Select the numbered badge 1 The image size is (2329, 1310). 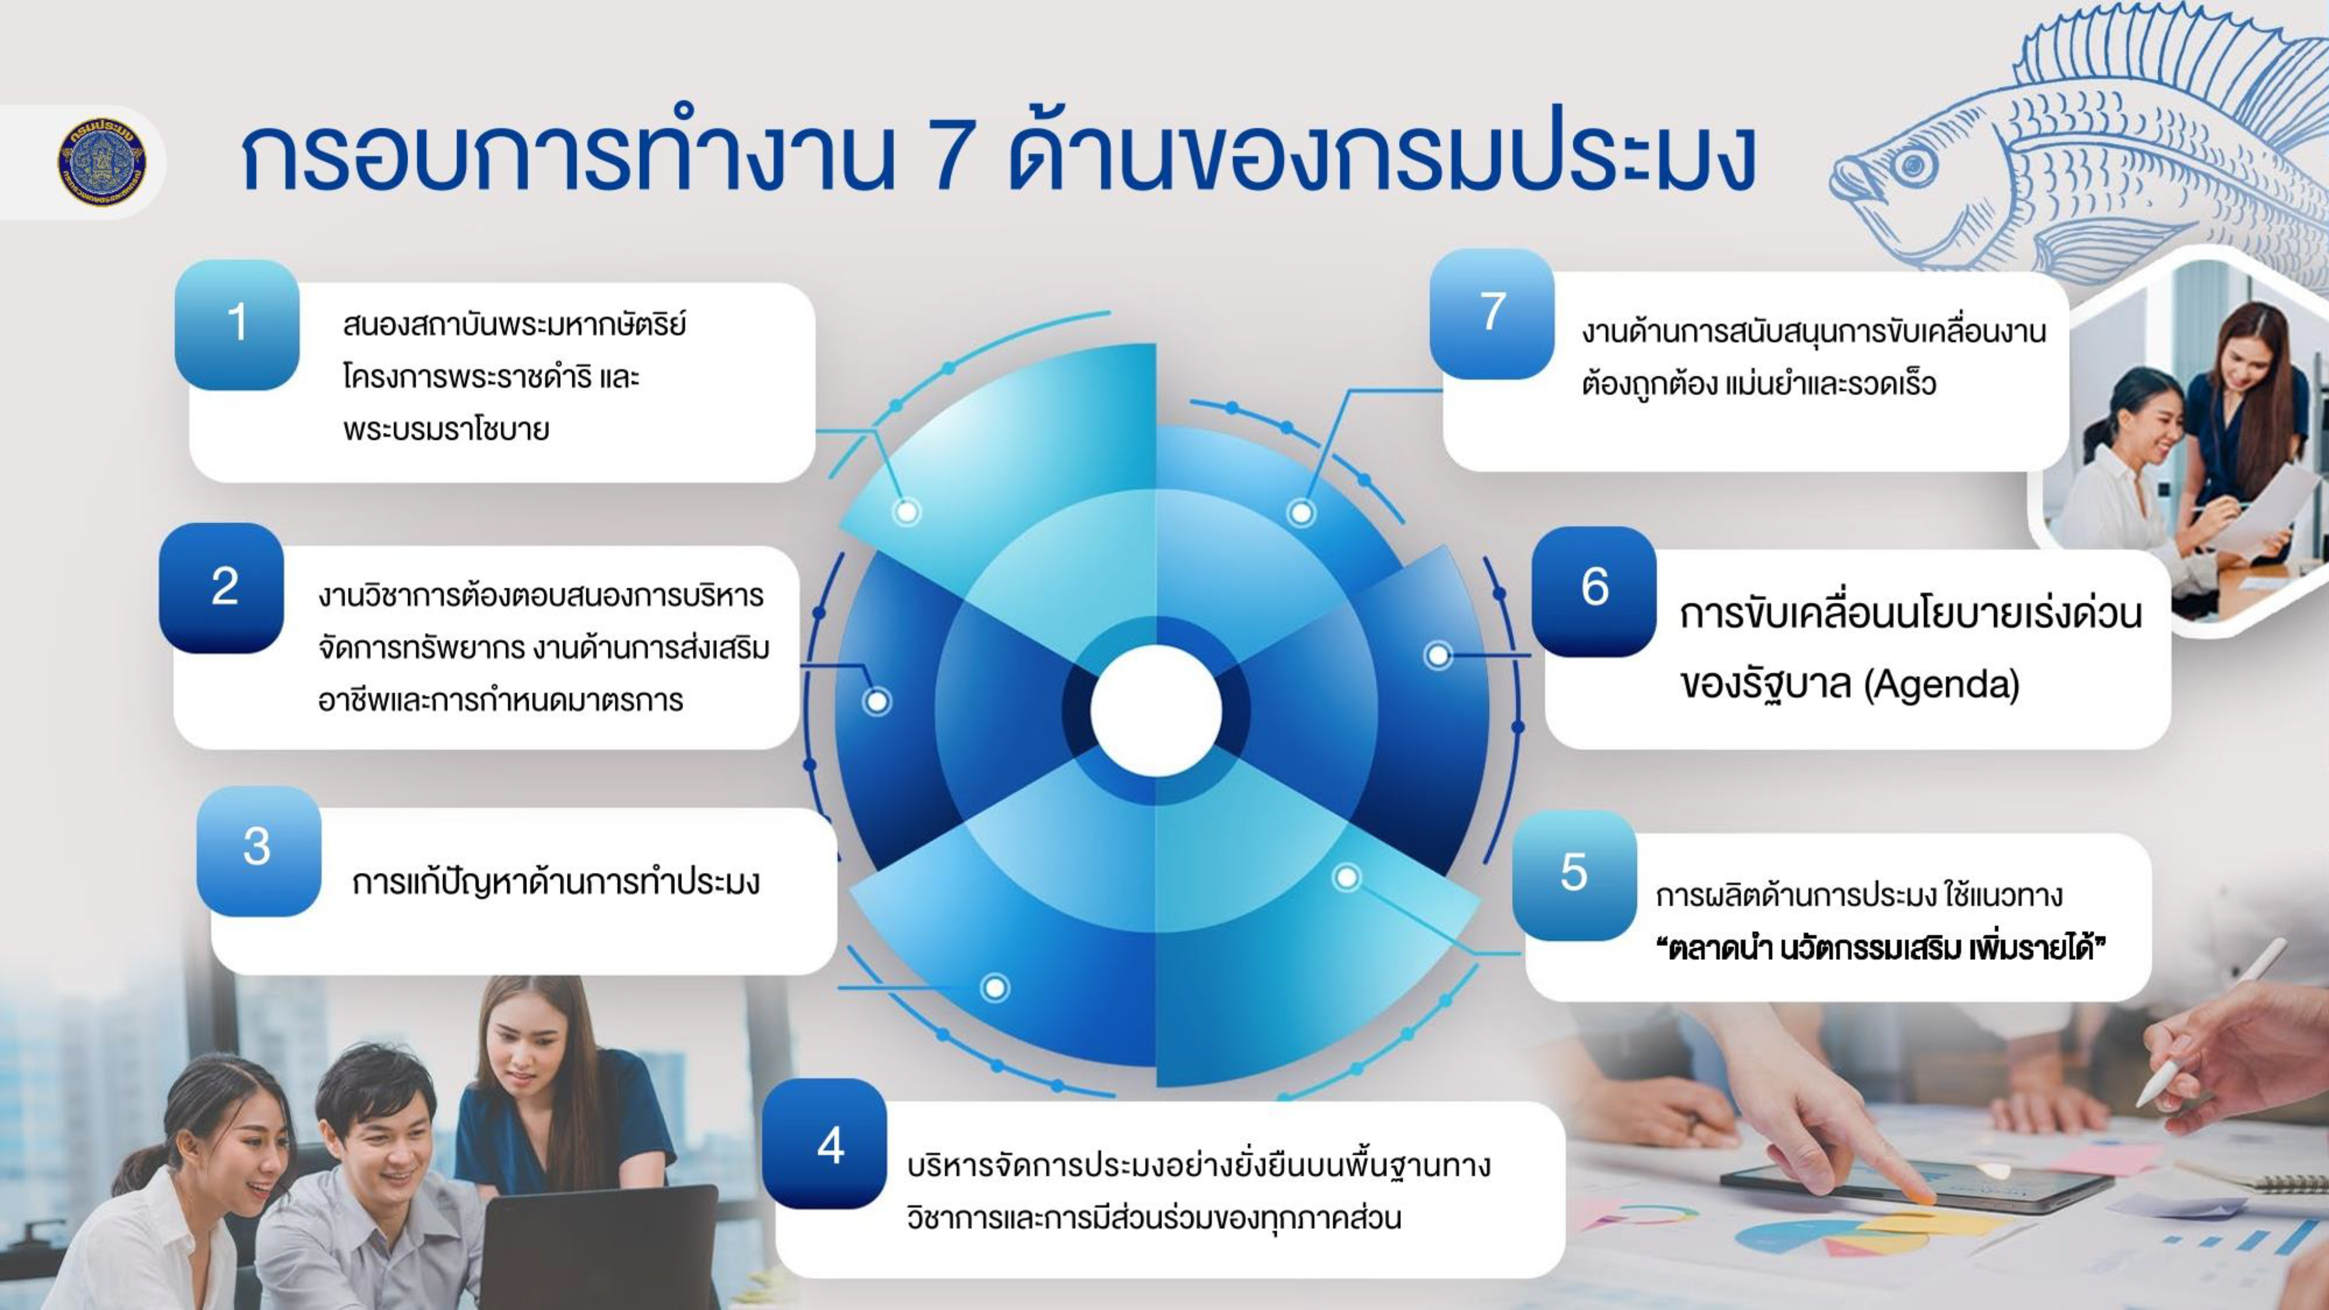[237, 324]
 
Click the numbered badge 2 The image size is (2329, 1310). [222, 587]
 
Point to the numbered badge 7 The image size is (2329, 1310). [1492, 314]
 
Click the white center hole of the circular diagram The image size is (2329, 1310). [1156, 710]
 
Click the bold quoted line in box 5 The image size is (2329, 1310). [1881, 949]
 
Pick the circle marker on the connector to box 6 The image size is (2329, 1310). [1438, 656]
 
